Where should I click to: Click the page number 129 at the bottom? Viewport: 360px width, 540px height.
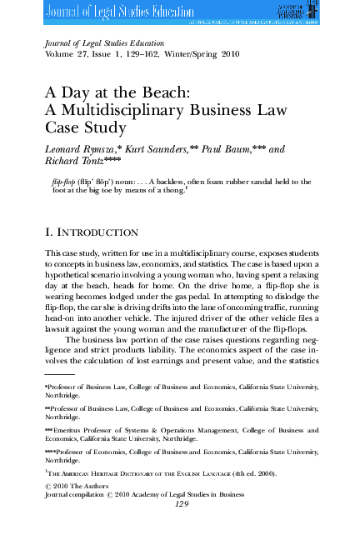tap(181, 504)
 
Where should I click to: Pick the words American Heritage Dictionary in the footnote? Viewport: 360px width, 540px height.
tap(120, 472)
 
